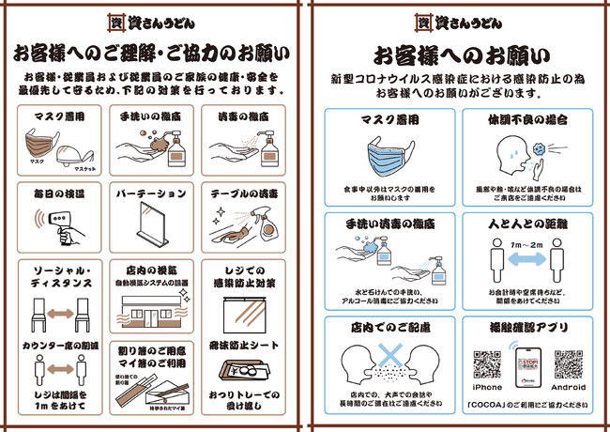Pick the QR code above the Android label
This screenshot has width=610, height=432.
pos(569,364)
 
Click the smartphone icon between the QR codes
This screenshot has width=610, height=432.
pos(527,365)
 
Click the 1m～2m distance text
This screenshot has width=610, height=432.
pos(527,245)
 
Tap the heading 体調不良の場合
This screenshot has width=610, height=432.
pos(527,120)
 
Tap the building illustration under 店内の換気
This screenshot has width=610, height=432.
pos(152,311)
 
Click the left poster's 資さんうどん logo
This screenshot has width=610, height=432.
pos(153,19)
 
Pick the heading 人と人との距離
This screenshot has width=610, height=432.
pos(527,225)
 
